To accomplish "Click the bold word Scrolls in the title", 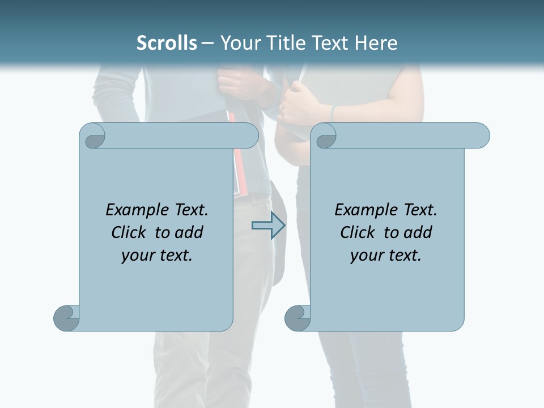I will (x=167, y=43).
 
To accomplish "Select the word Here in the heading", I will (x=376, y=43).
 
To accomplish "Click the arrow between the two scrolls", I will (x=268, y=226).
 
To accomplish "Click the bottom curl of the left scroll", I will (x=67, y=317).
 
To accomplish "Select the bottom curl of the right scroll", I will (x=298, y=317).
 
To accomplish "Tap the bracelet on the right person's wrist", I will (x=333, y=112).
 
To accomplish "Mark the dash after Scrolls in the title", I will (x=207, y=43).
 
